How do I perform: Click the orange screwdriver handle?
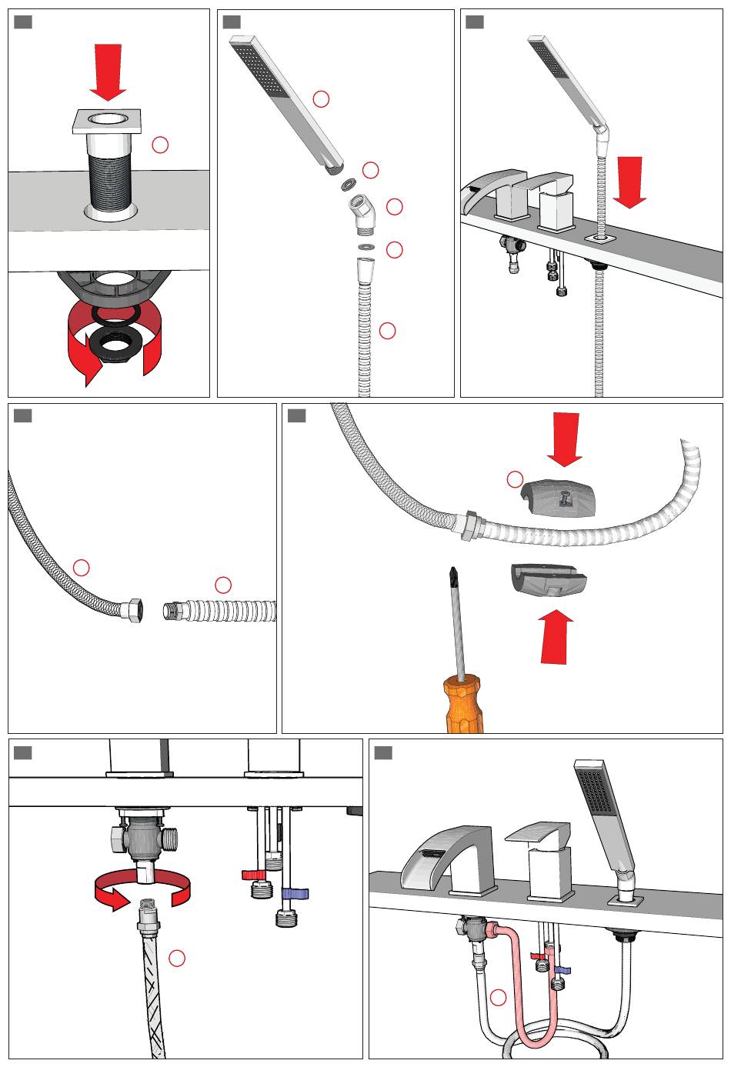(x=463, y=703)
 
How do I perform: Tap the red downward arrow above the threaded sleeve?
(x=108, y=71)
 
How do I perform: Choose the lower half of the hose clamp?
(x=547, y=580)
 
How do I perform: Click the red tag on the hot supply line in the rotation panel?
(x=253, y=875)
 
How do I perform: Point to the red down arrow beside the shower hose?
(x=630, y=182)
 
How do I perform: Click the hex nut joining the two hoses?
(x=469, y=524)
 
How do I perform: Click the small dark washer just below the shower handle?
(x=348, y=185)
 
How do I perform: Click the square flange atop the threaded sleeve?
(x=108, y=121)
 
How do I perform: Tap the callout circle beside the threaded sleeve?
(x=160, y=145)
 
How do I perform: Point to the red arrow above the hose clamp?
(x=565, y=438)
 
